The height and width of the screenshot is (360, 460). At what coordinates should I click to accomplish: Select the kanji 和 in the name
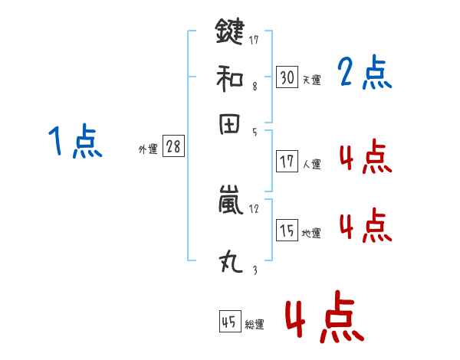tap(229, 77)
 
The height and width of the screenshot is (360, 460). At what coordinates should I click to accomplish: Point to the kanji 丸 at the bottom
tap(229, 263)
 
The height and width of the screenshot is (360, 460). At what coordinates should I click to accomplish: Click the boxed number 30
tap(287, 77)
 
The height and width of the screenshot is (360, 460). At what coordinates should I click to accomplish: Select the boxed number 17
tap(287, 162)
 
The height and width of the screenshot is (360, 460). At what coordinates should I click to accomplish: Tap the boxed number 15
tap(287, 230)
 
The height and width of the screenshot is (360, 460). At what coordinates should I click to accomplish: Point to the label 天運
tap(312, 80)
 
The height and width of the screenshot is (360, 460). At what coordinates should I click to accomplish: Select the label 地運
tap(312, 233)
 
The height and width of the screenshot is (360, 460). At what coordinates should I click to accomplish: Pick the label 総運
tap(255, 326)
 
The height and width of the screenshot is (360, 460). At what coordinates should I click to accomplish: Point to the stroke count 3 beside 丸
tap(255, 270)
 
